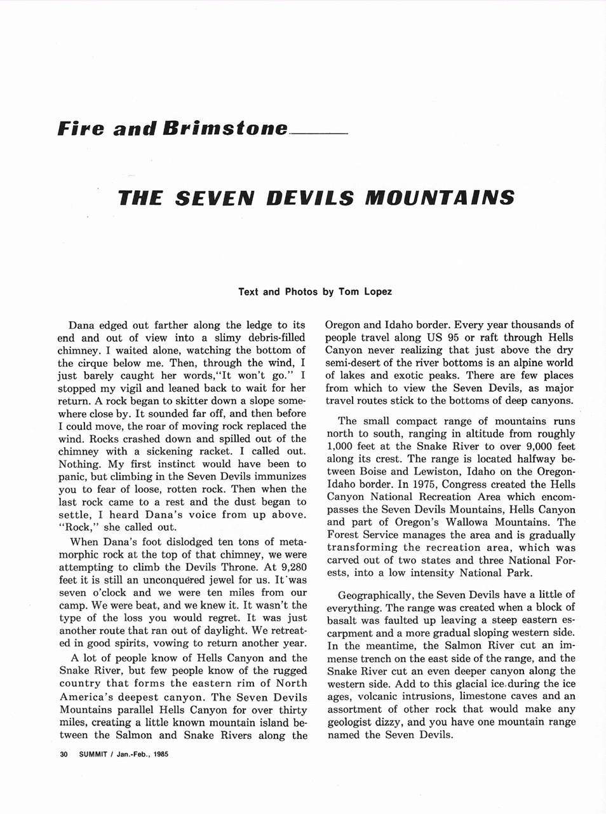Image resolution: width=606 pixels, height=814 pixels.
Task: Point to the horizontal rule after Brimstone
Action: tap(318, 134)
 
